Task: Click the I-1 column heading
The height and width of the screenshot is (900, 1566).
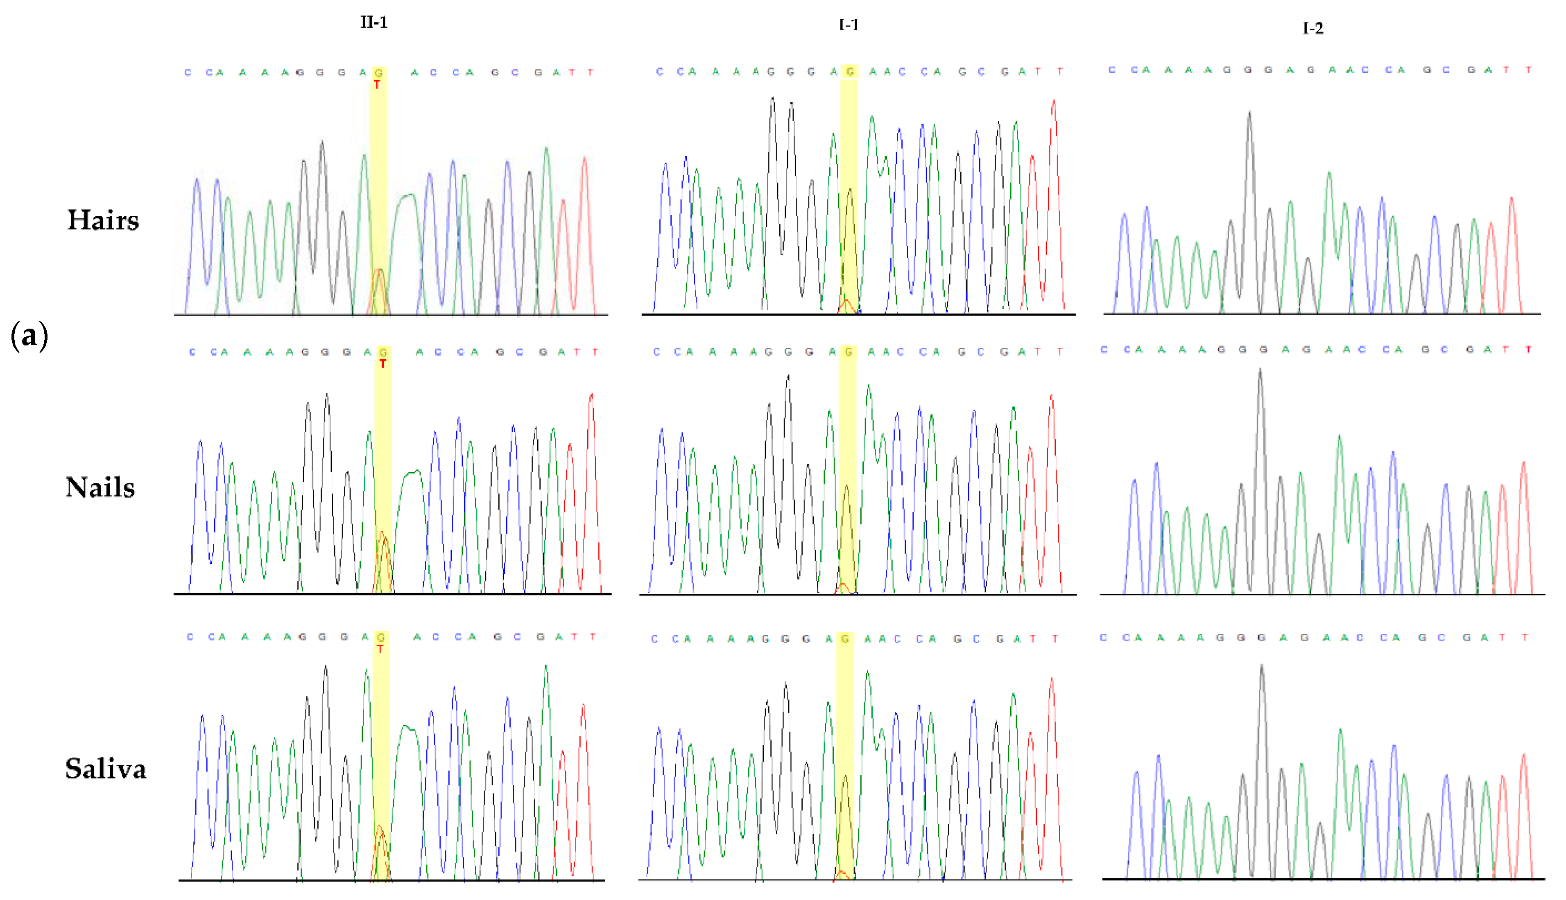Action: (848, 24)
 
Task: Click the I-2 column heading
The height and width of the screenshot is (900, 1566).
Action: (1313, 28)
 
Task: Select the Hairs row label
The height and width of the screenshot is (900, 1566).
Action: (103, 220)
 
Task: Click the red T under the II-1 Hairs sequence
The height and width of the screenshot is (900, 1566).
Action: (377, 85)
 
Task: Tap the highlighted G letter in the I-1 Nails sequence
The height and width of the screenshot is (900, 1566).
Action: (848, 351)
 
